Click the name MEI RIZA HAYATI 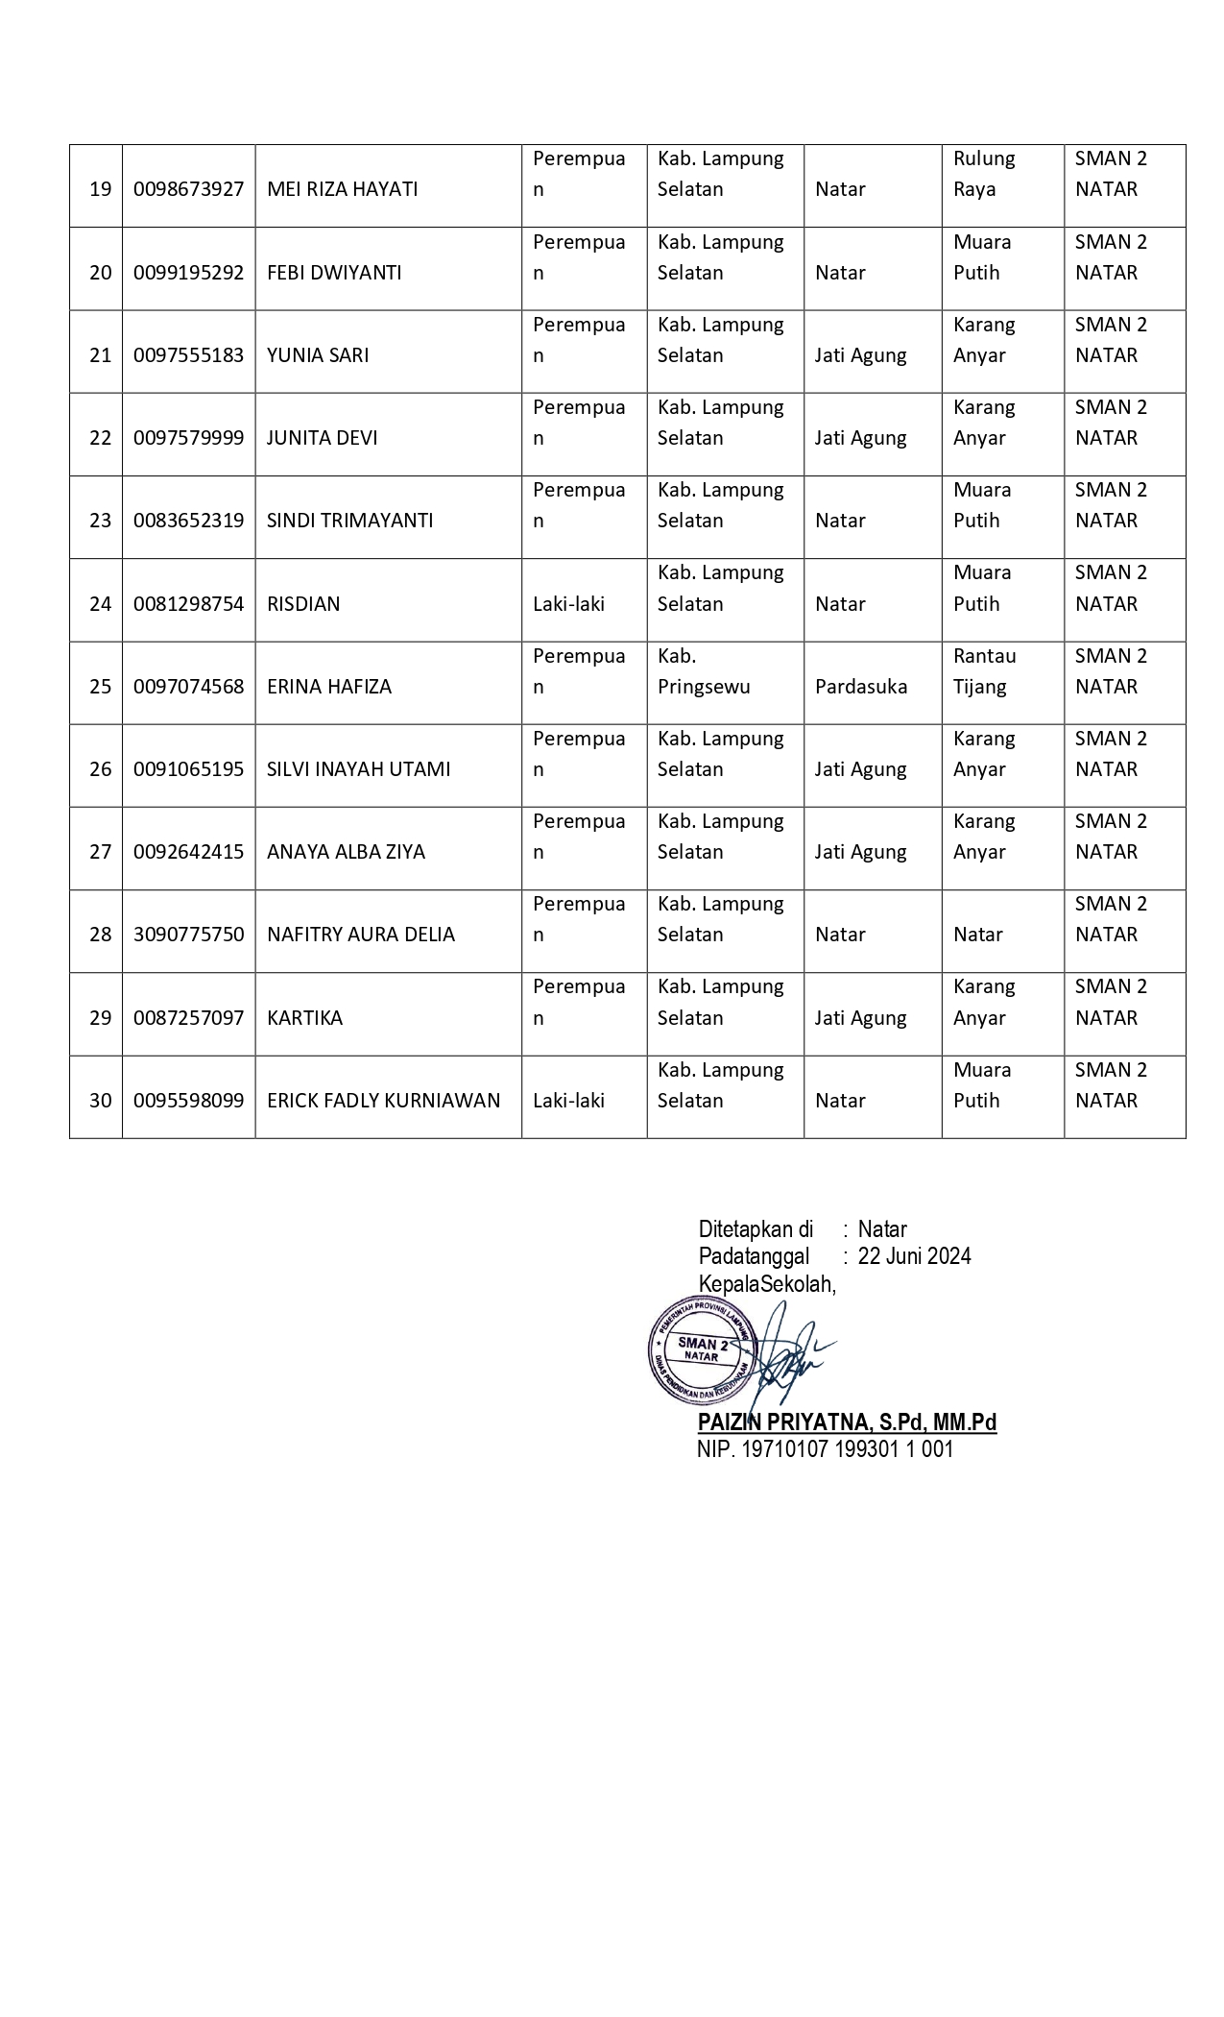[x=342, y=189]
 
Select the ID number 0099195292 [x=188, y=273]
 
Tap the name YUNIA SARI [x=318, y=355]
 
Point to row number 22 [x=100, y=438]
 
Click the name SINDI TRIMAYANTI [x=349, y=521]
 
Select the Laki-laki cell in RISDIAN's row [x=568, y=604]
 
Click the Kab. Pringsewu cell [x=704, y=671]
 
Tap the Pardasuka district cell [x=861, y=687]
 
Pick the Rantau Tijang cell [x=984, y=671]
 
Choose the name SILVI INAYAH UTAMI [x=358, y=769]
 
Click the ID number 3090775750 [x=188, y=935]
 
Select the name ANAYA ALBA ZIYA [x=346, y=852]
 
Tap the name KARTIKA [x=304, y=1018]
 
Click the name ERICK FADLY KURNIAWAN [x=383, y=1101]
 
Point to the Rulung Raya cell [x=984, y=174]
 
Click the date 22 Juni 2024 [x=914, y=1256]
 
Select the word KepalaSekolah [x=767, y=1284]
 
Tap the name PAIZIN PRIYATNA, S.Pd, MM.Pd [x=847, y=1422]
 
